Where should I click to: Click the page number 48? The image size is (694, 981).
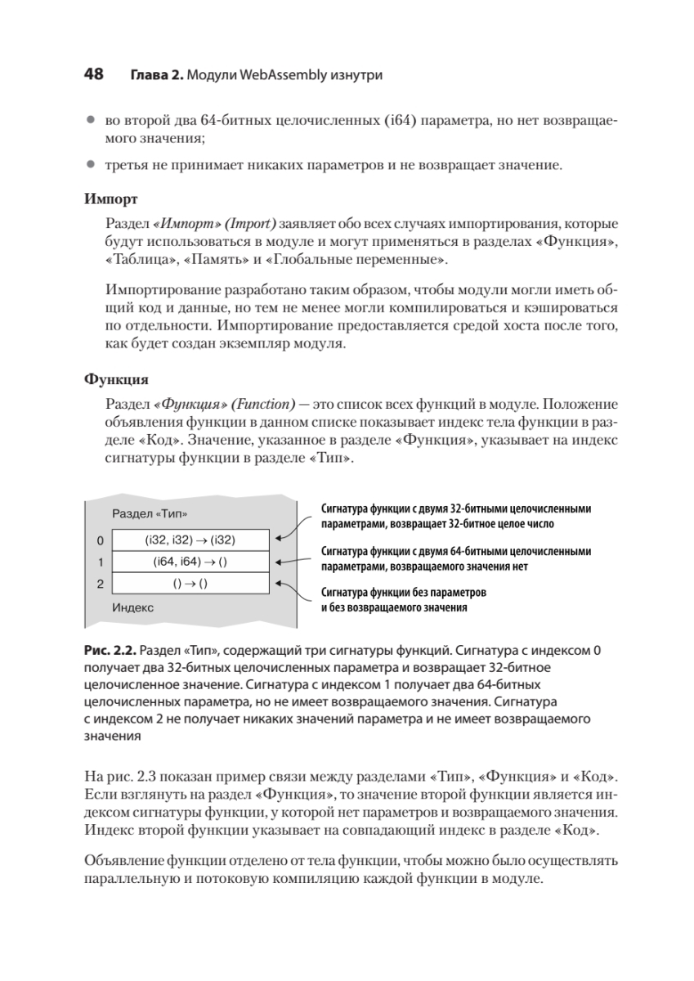pos(93,74)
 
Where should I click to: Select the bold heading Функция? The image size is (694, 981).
pos(116,380)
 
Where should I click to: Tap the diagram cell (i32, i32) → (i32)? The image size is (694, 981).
pos(190,540)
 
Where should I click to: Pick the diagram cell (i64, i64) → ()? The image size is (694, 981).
pos(190,562)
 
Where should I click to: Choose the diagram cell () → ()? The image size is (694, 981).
pos(190,584)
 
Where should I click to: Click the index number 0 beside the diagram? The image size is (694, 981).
pos(100,540)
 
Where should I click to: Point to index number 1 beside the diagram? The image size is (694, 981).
pos(100,562)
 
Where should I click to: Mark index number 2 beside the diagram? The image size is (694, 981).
pos(100,584)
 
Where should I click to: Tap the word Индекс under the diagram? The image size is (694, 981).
pos(132,607)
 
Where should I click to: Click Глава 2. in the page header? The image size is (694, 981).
pos(155,75)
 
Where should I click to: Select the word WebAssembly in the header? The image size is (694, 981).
pos(276,75)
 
